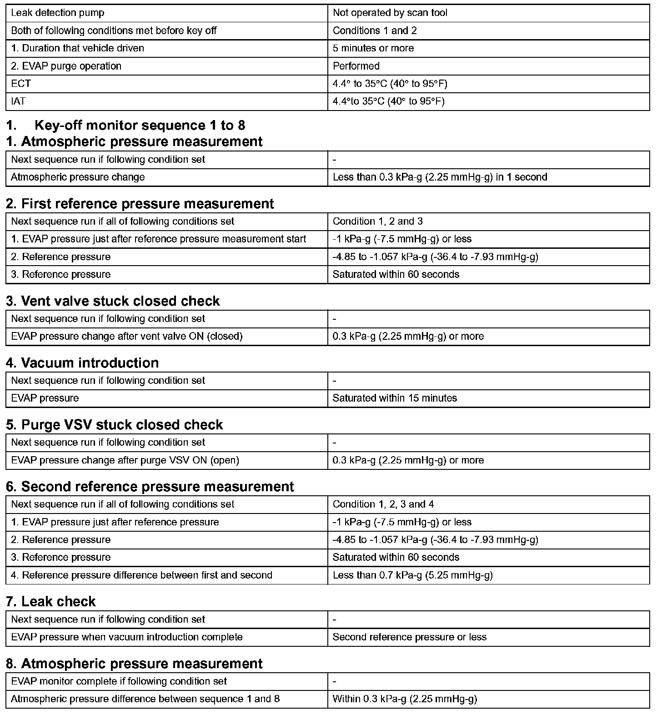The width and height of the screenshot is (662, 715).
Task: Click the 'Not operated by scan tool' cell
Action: (x=390, y=13)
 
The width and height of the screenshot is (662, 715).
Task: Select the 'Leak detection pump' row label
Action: (x=57, y=13)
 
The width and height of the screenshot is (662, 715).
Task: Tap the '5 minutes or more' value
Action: (x=373, y=48)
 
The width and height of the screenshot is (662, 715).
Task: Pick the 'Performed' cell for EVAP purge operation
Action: (x=356, y=66)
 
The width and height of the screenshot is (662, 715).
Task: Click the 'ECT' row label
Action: (x=21, y=84)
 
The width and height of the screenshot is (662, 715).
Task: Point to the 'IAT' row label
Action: (x=18, y=101)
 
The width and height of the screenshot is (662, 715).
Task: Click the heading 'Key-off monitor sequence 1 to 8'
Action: (x=140, y=125)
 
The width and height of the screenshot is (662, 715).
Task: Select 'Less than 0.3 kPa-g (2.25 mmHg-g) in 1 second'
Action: (x=440, y=177)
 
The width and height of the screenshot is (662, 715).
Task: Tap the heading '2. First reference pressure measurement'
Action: (x=140, y=204)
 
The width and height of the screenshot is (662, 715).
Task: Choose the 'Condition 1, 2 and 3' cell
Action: (x=377, y=222)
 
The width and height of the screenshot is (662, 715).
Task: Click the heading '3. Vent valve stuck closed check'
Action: (x=113, y=301)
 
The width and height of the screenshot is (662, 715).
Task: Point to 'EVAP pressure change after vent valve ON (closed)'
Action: (x=126, y=336)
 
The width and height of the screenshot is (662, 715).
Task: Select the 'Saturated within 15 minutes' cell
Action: (x=395, y=398)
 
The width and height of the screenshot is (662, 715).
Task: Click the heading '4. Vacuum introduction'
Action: (x=82, y=363)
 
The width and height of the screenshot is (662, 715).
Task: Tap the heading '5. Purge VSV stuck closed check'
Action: (x=115, y=425)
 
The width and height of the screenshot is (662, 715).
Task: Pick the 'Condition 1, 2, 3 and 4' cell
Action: (x=383, y=504)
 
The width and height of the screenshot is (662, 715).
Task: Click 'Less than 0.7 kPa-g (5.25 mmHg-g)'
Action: (x=412, y=575)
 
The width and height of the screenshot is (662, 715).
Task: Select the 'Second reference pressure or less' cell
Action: (x=409, y=637)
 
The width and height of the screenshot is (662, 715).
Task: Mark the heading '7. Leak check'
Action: (x=51, y=601)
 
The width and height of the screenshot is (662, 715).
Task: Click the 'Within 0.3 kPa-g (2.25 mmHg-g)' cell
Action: (x=405, y=699)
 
